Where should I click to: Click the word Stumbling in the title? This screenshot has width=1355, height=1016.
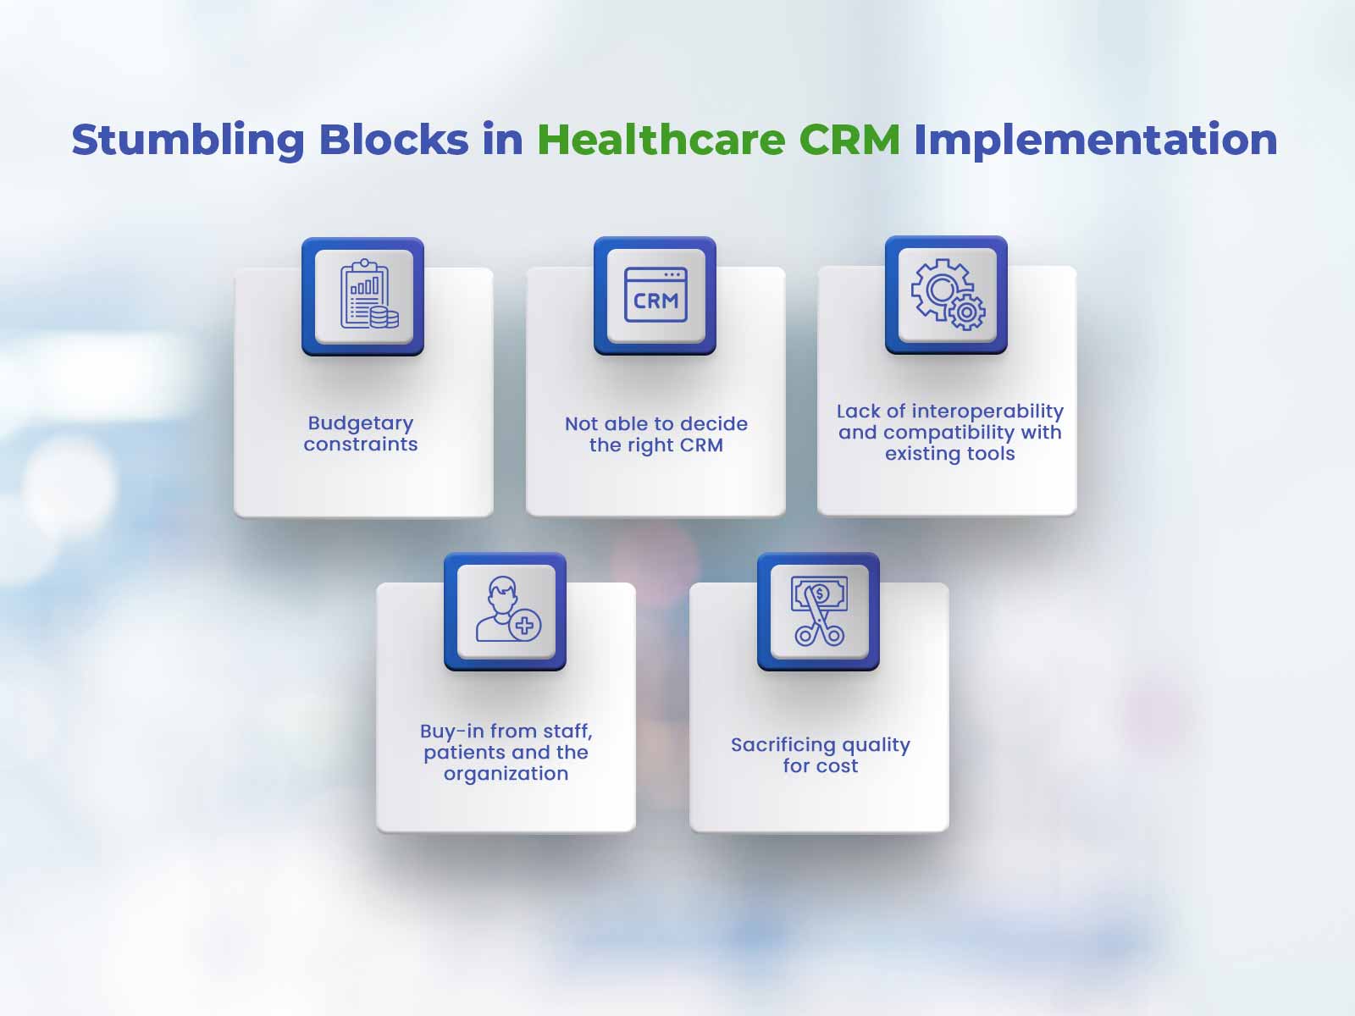tap(188, 141)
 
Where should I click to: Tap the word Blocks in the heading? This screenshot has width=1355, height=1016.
tap(393, 140)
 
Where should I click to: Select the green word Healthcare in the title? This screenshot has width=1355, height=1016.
tap(661, 140)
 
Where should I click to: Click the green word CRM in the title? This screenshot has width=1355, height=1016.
tap(849, 140)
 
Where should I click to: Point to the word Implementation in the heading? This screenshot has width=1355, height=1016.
tap(1095, 141)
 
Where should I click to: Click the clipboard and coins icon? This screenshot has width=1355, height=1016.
tap(369, 294)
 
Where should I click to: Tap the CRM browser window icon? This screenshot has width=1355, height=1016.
tap(655, 295)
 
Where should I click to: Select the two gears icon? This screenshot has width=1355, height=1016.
tap(948, 294)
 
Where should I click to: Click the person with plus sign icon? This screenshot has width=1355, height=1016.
tap(508, 610)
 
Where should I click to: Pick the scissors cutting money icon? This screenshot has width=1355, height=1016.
tap(819, 610)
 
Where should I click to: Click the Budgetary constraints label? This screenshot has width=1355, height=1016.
tap(361, 433)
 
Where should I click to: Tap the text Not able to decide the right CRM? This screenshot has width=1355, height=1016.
tap(656, 434)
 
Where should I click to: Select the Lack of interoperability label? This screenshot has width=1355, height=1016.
tap(950, 433)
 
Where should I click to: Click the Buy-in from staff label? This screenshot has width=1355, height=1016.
tap(506, 752)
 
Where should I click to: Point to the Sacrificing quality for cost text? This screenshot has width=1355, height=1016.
tap(821, 755)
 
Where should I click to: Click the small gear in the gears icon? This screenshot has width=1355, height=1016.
tap(967, 312)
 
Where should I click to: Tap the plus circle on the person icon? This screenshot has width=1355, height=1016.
tap(525, 627)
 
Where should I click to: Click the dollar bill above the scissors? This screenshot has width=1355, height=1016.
tap(819, 594)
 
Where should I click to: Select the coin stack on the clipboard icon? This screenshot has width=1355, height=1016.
tap(384, 317)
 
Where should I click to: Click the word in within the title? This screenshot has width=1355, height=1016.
tap(503, 140)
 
